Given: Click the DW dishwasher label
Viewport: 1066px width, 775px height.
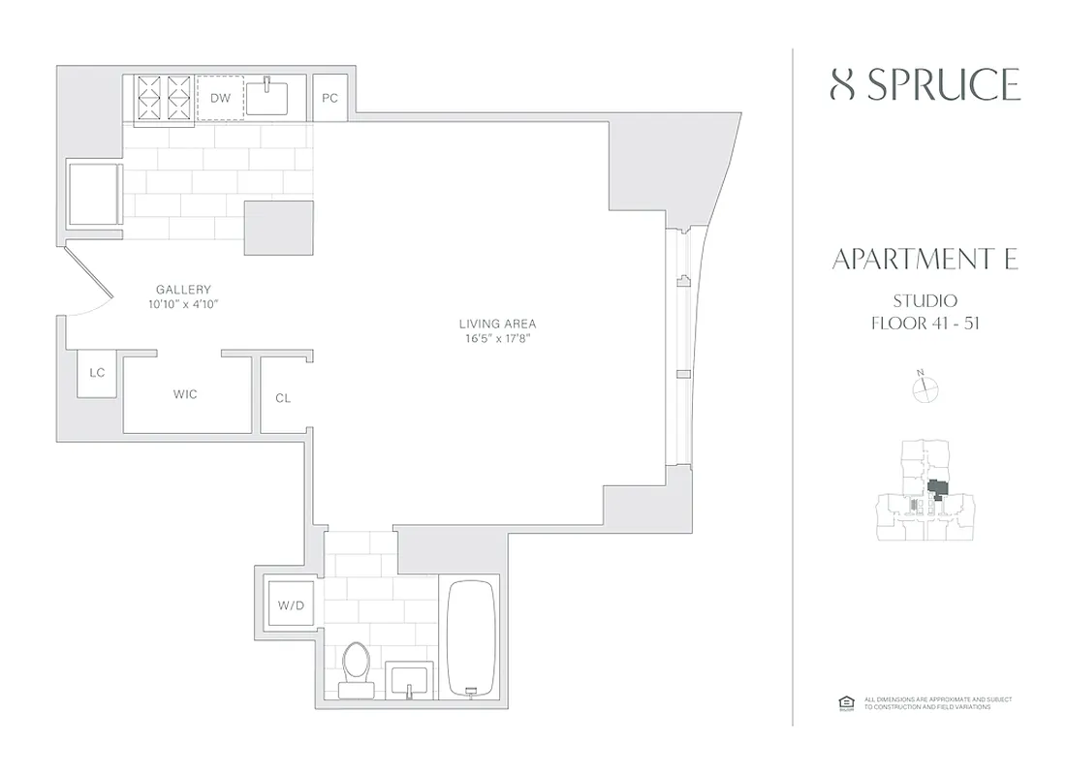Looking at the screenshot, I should pos(220,98).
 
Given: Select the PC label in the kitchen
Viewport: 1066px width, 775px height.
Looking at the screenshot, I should pos(329,98).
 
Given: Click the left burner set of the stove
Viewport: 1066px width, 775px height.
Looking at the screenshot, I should pos(150,97).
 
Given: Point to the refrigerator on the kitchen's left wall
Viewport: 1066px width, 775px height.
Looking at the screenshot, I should pos(94,194).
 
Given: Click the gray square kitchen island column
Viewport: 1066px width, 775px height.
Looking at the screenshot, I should pos(278,229).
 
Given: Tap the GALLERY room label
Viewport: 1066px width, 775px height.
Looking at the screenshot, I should pos(183,290).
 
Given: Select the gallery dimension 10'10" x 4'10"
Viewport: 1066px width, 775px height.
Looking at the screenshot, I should pos(183,304).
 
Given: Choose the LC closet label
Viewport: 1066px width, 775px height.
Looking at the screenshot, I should pos(97,373).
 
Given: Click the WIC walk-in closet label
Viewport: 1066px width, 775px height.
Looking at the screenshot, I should pos(185,394).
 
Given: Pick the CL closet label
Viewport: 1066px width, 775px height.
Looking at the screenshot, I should pos(283,398).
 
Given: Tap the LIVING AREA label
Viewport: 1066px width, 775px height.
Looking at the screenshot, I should pos(497,324).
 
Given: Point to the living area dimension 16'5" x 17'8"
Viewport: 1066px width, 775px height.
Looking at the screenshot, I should pos(497,339).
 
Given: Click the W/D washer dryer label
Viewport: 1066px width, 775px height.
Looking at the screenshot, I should pos(291,606).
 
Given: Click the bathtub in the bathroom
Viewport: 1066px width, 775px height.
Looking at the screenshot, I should pos(471,637).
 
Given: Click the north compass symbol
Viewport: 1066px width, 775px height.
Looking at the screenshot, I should pos(926,387).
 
